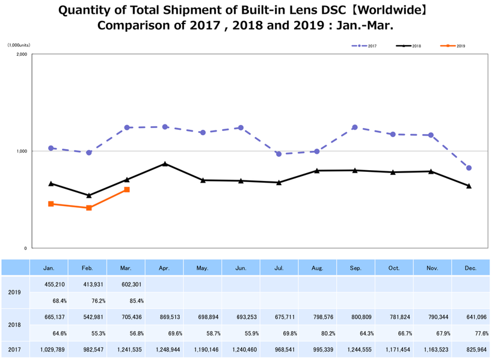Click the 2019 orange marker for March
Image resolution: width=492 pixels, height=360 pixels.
tap(127, 189)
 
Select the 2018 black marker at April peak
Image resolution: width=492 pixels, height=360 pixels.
tap(165, 163)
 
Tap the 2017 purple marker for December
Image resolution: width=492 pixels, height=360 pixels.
tap(469, 168)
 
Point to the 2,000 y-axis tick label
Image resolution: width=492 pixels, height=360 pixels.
tap(21, 54)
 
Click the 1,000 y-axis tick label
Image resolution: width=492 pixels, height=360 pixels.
tap(21, 151)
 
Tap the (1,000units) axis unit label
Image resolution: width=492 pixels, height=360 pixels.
tap(18, 45)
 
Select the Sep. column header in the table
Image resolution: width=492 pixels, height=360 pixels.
tap(355, 267)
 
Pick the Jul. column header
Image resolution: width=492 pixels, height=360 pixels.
tap(279, 267)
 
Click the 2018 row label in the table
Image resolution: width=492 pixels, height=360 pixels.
tap(14, 325)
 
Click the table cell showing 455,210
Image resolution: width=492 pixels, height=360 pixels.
tap(50, 284)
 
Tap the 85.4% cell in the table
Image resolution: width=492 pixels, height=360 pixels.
tap(126, 300)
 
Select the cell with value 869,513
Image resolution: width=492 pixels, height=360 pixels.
tap(165, 316)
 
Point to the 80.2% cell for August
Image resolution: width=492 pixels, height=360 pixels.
tap(318, 332)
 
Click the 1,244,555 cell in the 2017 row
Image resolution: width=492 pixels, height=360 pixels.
tap(355, 349)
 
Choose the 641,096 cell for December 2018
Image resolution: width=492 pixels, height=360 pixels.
tap(470, 316)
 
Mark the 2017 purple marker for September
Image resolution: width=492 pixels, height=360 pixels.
tap(355, 127)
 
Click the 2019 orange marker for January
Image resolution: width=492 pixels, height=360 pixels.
tap(51, 204)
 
